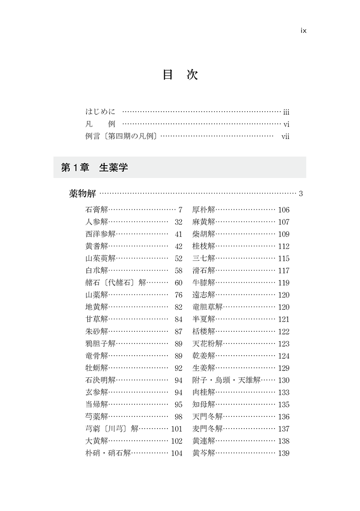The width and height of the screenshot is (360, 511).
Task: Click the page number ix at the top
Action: coord(303,31)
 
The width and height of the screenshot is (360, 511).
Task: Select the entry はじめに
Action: coord(100,112)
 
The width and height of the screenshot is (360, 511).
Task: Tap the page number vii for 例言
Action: coord(285,136)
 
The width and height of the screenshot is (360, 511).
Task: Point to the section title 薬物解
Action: coord(82,194)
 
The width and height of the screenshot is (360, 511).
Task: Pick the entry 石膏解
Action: coord(97,210)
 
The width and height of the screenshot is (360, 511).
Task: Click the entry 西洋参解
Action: coord(100,234)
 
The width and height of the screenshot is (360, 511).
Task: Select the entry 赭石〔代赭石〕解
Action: coord(116,283)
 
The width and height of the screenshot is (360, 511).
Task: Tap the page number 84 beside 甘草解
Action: coord(179,319)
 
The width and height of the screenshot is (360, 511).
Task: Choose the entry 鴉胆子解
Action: coord(100,344)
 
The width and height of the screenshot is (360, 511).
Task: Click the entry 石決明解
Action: coord(100,380)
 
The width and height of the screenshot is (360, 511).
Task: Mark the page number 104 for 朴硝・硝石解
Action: coord(177,453)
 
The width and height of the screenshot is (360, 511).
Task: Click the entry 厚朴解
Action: coord(204,210)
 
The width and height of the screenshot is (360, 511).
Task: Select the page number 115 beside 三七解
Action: coord(284,258)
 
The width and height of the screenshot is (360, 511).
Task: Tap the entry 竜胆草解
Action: coord(207,307)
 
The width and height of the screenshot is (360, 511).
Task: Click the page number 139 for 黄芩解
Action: coord(284,453)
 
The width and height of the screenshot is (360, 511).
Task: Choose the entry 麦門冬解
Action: coord(207,429)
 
